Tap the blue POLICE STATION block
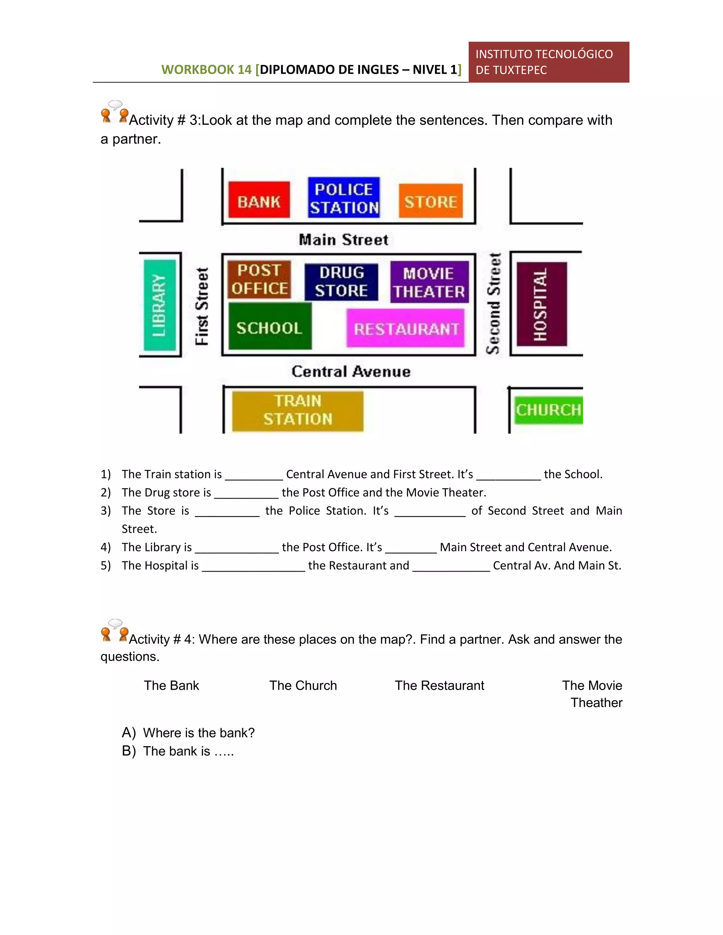[343, 197]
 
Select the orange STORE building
[430, 201]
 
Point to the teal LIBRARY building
[160, 305]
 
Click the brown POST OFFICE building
[259, 279]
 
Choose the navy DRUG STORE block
[341, 282]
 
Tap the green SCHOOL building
[270, 326]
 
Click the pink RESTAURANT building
[405, 328]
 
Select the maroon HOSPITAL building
[542, 304]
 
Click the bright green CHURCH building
[548, 410]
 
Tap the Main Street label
[343, 240]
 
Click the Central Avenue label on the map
[351, 371]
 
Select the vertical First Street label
[202, 306]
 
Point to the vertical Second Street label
[494, 303]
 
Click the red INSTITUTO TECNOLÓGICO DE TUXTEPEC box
[548, 62]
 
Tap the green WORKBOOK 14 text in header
[206, 70]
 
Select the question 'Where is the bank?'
[199, 733]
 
